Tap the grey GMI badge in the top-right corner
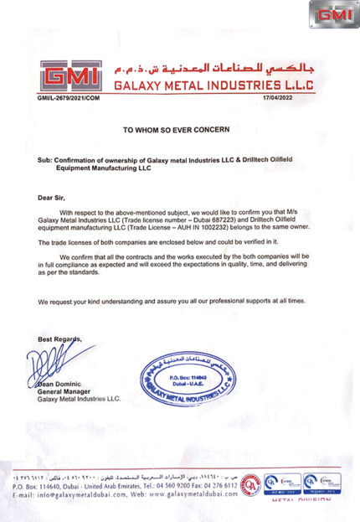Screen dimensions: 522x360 pos(334,14)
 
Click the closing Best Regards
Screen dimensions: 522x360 pos(60,338)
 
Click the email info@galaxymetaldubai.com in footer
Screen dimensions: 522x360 pos(70,495)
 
